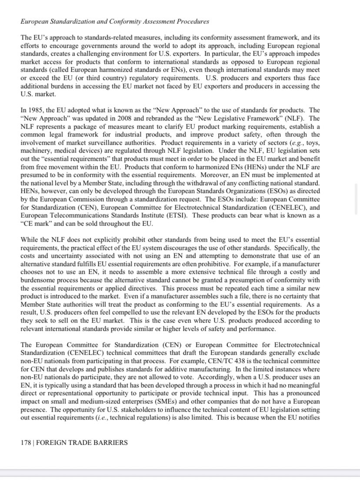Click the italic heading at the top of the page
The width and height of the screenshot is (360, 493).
[115, 21]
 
